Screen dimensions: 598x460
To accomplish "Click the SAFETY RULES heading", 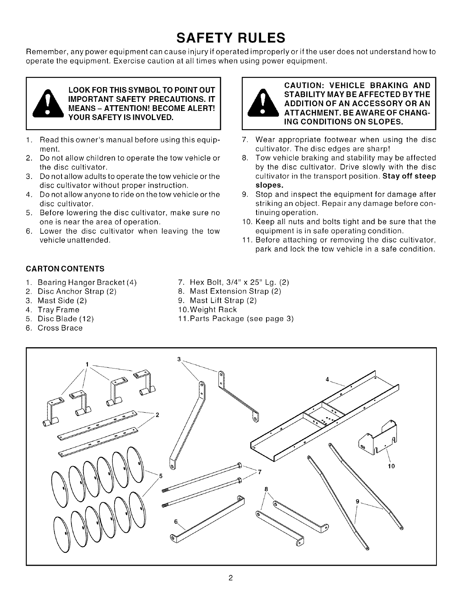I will [230, 38].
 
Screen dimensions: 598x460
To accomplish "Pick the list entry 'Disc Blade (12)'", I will [65, 319].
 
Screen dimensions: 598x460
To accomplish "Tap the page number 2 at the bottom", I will [230, 578].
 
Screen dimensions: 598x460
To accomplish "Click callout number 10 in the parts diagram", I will [391, 466].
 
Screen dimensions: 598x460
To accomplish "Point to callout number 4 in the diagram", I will [327, 379].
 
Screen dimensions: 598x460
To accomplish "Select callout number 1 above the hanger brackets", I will [87, 364].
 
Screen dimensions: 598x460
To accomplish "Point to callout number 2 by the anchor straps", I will [156, 415].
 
